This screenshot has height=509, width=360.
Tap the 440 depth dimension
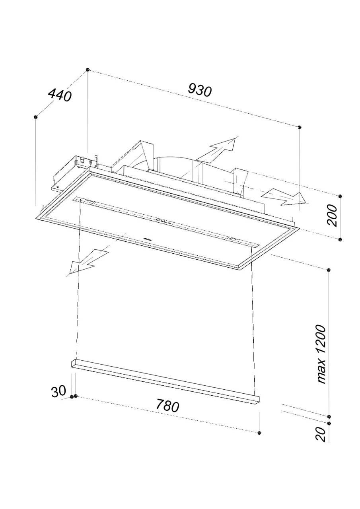(59, 95)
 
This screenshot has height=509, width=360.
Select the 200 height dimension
(333, 215)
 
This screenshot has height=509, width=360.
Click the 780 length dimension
(167, 406)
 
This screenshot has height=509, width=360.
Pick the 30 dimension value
(58, 392)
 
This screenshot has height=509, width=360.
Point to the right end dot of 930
(300, 127)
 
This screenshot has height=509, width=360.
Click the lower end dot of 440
(36, 117)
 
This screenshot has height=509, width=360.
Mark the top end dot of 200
(340, 196)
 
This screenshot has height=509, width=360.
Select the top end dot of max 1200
(329, 270)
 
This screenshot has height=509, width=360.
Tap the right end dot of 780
(259, 432)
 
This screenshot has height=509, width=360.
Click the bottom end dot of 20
(329, 422)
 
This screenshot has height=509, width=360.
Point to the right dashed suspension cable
(252, 318)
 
